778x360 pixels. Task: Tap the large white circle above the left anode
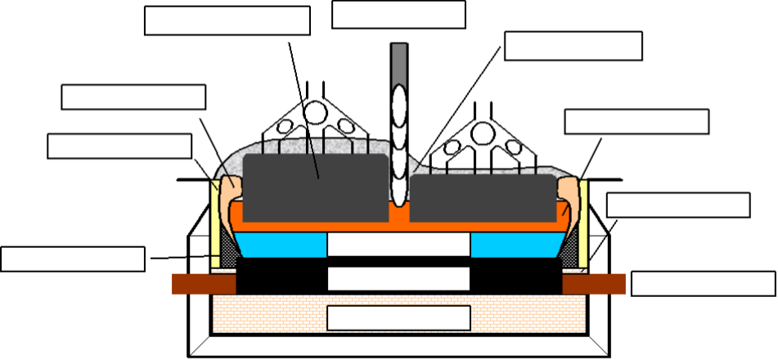pyautogui.click(x=315, y=113)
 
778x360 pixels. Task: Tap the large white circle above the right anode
pyautogui.click(x=483, y=133)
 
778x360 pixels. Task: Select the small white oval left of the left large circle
pyautogui.click(x=285, y=127)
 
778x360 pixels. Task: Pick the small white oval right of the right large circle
pyautogui.click(x=514, y=147)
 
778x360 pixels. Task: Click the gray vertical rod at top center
pyautogui.click(x=399, y=61)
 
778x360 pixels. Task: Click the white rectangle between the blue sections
pyautogui.click(x=398, y=245)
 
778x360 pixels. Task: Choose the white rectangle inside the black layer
pyautogui.click(x=398, y=278)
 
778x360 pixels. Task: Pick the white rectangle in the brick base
pyautogui.click(x=398, y=317)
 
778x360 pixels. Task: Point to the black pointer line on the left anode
pyautogui.click(x=314, y=160)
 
